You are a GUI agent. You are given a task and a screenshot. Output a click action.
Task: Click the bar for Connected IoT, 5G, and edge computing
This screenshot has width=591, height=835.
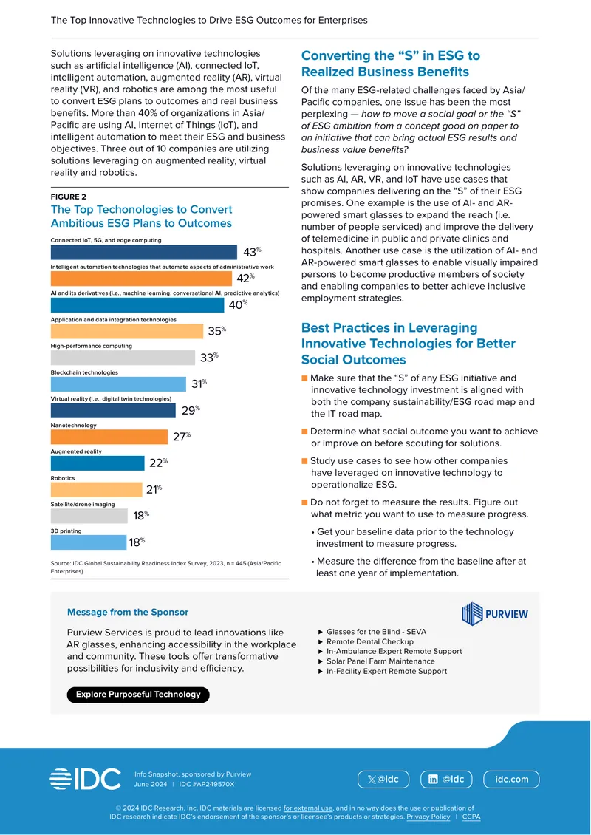[144, 252]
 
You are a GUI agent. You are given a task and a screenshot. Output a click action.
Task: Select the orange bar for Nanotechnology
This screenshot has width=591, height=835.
[109, 437]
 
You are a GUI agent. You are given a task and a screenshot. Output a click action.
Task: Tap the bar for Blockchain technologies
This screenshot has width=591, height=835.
[118, 384]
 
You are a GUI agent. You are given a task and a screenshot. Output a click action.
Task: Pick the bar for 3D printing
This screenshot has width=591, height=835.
[89, 542]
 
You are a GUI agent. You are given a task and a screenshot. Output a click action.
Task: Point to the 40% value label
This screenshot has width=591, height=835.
[238, 304]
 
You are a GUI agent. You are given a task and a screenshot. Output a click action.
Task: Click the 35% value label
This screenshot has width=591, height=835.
[216, 331]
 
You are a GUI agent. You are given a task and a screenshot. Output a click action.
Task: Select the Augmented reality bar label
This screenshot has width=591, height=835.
[76, 451]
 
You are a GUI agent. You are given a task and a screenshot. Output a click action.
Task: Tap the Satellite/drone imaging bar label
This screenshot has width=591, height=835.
[83, 504]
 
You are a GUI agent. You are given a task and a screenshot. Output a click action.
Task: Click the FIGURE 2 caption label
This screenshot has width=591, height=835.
[68, 197]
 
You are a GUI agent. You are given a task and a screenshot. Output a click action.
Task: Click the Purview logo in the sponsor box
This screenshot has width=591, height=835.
[495, 613]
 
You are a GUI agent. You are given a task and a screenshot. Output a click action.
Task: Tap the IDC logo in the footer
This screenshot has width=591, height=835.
[85, 780]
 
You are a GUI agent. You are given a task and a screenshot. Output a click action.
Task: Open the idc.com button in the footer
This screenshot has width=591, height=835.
[511, 779]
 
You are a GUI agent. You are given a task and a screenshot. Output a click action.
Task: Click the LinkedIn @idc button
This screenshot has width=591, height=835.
[446, 779]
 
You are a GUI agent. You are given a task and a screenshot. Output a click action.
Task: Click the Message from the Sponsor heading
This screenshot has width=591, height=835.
[128, 613]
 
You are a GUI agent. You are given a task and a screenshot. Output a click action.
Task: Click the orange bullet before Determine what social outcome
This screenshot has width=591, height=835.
[304, 432]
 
